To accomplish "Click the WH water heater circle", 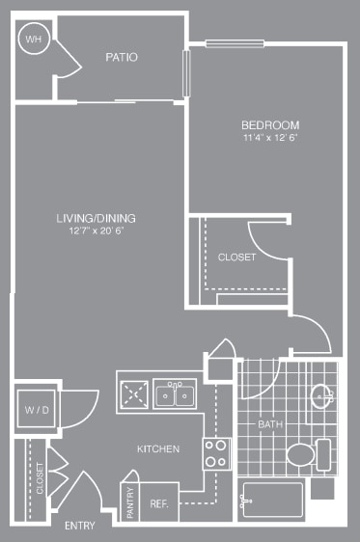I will coord(33,40).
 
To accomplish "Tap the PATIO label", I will coord(122,58).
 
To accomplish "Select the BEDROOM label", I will coord(270,125).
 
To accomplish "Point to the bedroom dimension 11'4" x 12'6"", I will coord(270,139).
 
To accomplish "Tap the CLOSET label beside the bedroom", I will coord(236,257).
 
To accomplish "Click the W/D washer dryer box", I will coord(36,411).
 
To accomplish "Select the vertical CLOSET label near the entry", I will coord(41,479).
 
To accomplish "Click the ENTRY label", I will coord(79,526).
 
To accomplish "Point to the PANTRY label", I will coord(131,502).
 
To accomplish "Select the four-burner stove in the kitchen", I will coord(215,452).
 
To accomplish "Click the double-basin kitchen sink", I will coord(176,394).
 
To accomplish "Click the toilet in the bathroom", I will coord(302,454).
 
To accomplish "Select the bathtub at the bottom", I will coord(272,499).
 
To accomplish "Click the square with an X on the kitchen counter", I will coord(133,393).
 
